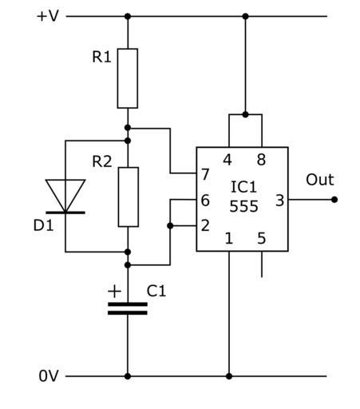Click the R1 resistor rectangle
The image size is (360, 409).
(x=128, y=78)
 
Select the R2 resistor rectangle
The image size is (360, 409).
(x=129, y=197)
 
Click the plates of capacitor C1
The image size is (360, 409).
(x=128, y=308)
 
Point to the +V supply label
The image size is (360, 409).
(x=48, y=16)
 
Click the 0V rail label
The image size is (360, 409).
(x=49, y=376)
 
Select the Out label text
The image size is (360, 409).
(x=320, y=180)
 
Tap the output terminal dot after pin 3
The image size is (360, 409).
(x=334, y=200)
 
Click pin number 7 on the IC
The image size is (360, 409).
(x=205, y=175)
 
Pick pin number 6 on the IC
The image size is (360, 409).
(x=205, y=201)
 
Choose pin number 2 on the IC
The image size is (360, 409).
(x=205, y=225)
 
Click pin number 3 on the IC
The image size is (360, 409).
(x=279, y=201)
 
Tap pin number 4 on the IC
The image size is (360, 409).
(x=227, y=160)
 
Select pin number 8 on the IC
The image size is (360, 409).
(x=261, y=160)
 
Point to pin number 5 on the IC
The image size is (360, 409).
(x=262, y=238)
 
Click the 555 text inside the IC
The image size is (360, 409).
(x=243, y=206)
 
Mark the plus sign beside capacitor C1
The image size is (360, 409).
(x=114, y=291)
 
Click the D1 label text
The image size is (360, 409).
(x=43, y=225)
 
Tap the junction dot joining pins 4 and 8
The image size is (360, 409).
(x=245, y=115)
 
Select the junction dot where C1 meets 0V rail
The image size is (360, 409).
(x=128, y=376)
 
